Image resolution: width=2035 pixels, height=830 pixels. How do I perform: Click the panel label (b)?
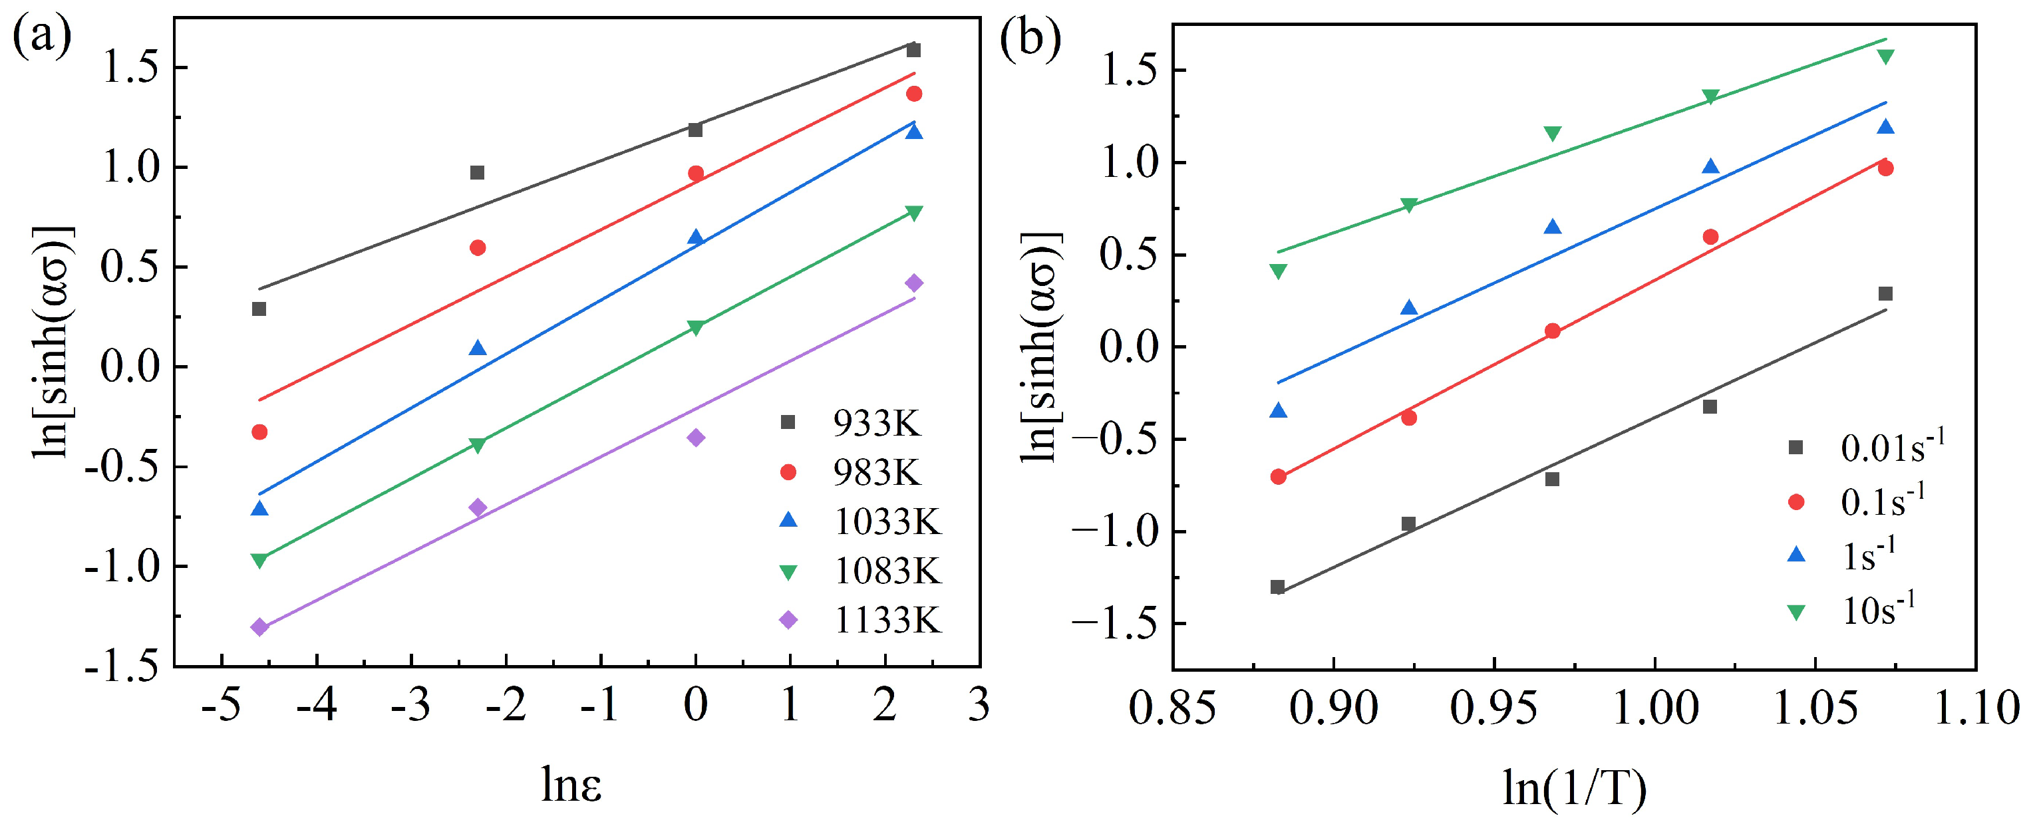coord(1030,39)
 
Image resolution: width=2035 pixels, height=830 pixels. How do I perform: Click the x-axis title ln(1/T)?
coord(1574,788)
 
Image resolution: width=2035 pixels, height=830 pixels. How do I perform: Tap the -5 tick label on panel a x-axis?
coord(220,705)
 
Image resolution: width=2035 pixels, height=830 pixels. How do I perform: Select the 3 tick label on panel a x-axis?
coord(979,705)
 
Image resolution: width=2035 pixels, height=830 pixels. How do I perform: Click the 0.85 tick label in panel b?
coord(1172,708)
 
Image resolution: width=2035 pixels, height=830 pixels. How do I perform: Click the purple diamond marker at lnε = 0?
coord(696,438)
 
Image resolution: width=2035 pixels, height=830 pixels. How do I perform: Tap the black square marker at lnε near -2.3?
coord(477,172)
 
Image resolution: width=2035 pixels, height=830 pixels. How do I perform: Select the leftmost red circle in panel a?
coord(259,432)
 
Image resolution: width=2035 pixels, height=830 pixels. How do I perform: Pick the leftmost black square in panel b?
coord(1277,587)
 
